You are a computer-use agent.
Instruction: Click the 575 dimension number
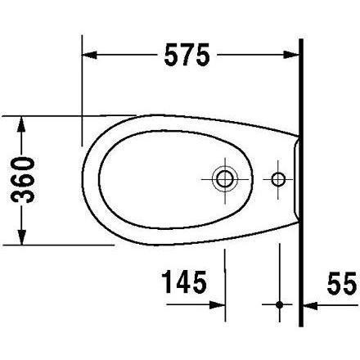187,55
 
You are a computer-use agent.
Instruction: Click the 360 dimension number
23,180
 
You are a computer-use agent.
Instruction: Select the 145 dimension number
184,281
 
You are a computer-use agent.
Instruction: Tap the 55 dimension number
342,283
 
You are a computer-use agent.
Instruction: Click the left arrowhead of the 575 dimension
89,55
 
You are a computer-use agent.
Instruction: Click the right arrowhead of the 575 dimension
291,55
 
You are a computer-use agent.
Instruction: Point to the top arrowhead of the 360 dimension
22,124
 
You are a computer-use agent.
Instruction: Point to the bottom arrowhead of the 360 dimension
22,237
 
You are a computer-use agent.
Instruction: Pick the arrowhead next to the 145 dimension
218,305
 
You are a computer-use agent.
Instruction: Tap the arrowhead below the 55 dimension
311,305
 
